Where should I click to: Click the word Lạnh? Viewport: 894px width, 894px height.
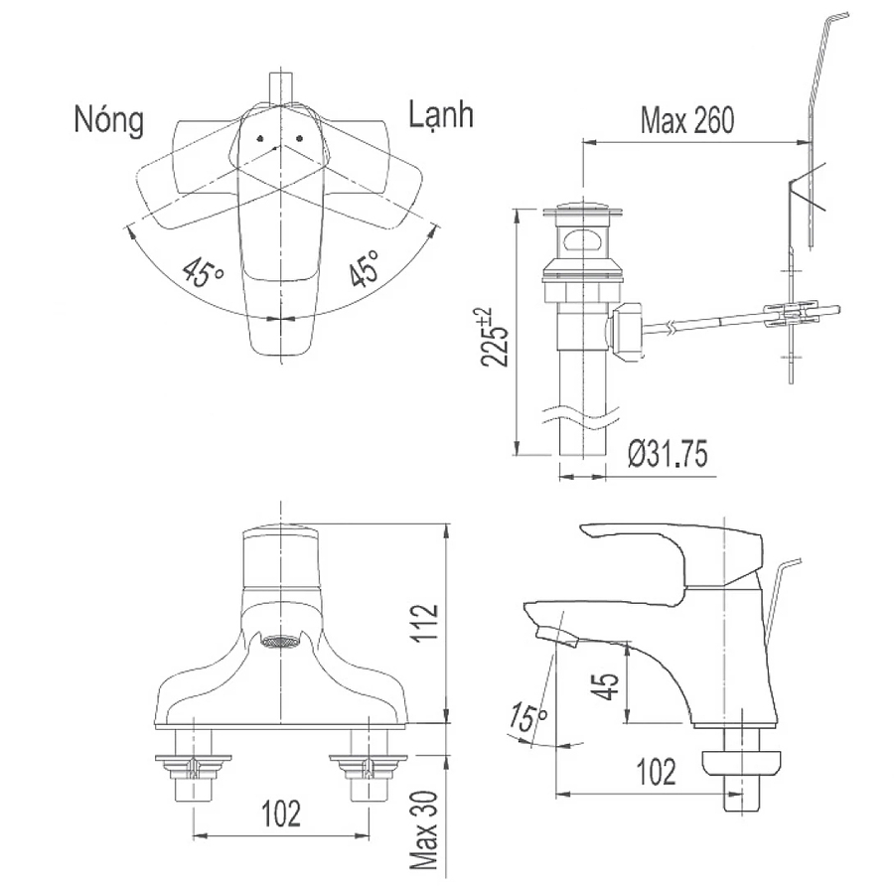coord(441,115)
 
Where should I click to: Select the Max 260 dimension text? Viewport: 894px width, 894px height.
coord(686,120)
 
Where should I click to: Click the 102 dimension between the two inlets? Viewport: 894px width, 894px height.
coord(282,814)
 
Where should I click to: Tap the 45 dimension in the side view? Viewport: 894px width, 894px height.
coord(607,685)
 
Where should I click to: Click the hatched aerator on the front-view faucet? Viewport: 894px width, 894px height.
coord(279,642)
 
